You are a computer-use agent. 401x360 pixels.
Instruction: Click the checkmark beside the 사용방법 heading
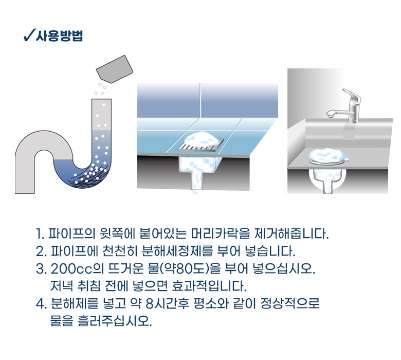(29, 35)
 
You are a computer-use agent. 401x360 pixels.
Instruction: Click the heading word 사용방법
(59, 35)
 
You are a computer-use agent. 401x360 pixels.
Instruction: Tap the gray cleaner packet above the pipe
(115, 69)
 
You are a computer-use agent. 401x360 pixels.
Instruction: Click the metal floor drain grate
(200, 147)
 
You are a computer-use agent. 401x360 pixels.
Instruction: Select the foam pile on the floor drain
(202, 139)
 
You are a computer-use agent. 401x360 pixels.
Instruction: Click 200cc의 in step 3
(77, 268)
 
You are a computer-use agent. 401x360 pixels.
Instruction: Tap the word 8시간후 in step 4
(167, 304)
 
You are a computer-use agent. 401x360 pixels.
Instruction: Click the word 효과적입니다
(209, 286)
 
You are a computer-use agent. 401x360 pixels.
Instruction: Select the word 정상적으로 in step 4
(290, 304)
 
